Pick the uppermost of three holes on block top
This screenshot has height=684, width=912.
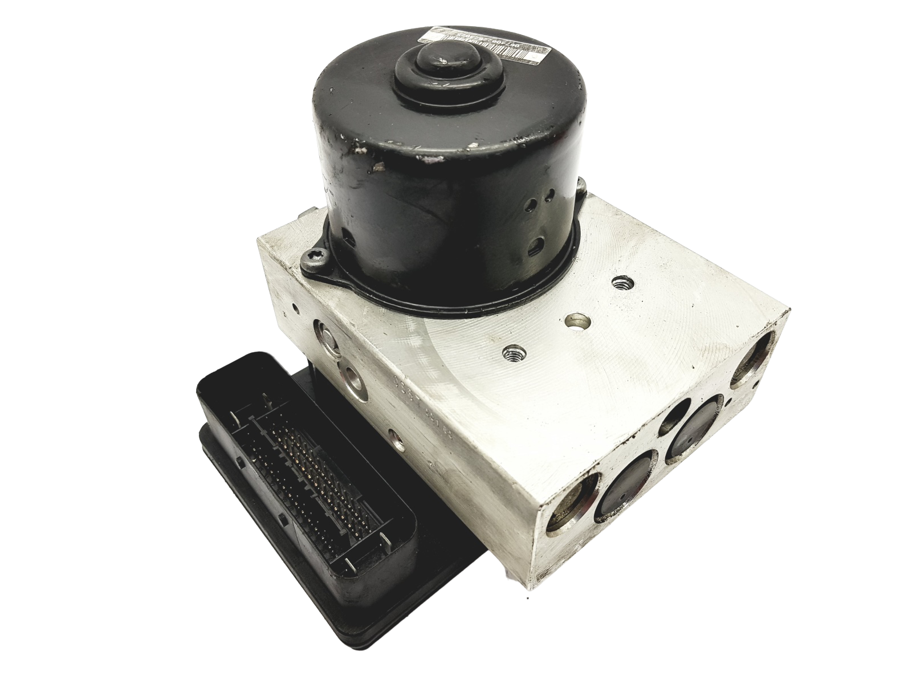point(618,282)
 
